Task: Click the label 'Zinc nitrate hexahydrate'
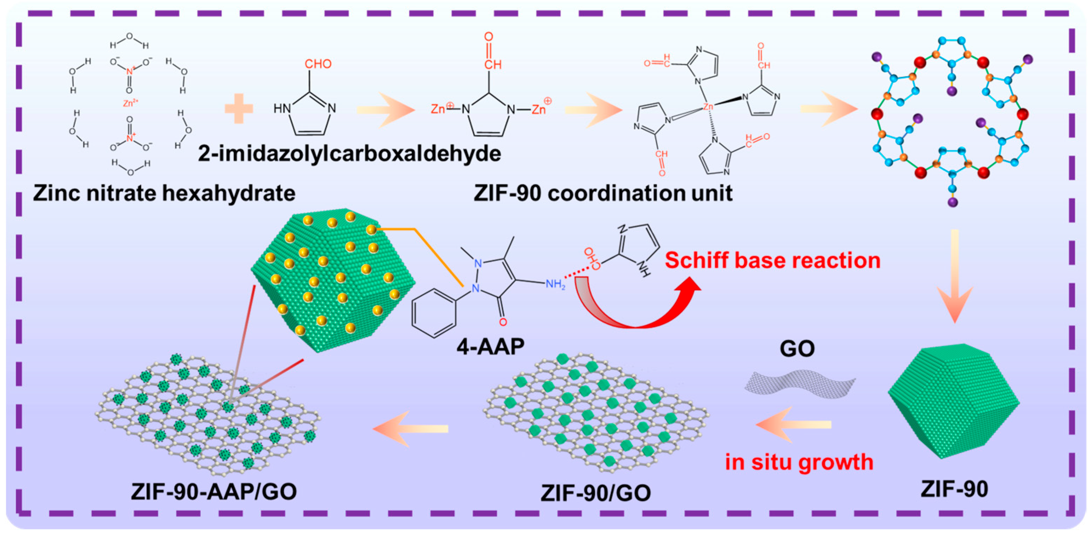[164, 193]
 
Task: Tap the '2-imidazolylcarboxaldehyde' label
[349, 153]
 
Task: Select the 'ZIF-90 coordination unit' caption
[603, 193]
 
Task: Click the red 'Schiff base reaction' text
[772, 260]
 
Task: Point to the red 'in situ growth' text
[799, 462]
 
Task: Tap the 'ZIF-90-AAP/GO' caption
[214, 492]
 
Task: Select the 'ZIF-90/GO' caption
[595, 493]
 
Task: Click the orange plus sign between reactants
[239, 109]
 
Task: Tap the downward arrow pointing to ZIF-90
[955, 280]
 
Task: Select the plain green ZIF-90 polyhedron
[953, 400]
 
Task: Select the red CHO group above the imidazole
[318, 64]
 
